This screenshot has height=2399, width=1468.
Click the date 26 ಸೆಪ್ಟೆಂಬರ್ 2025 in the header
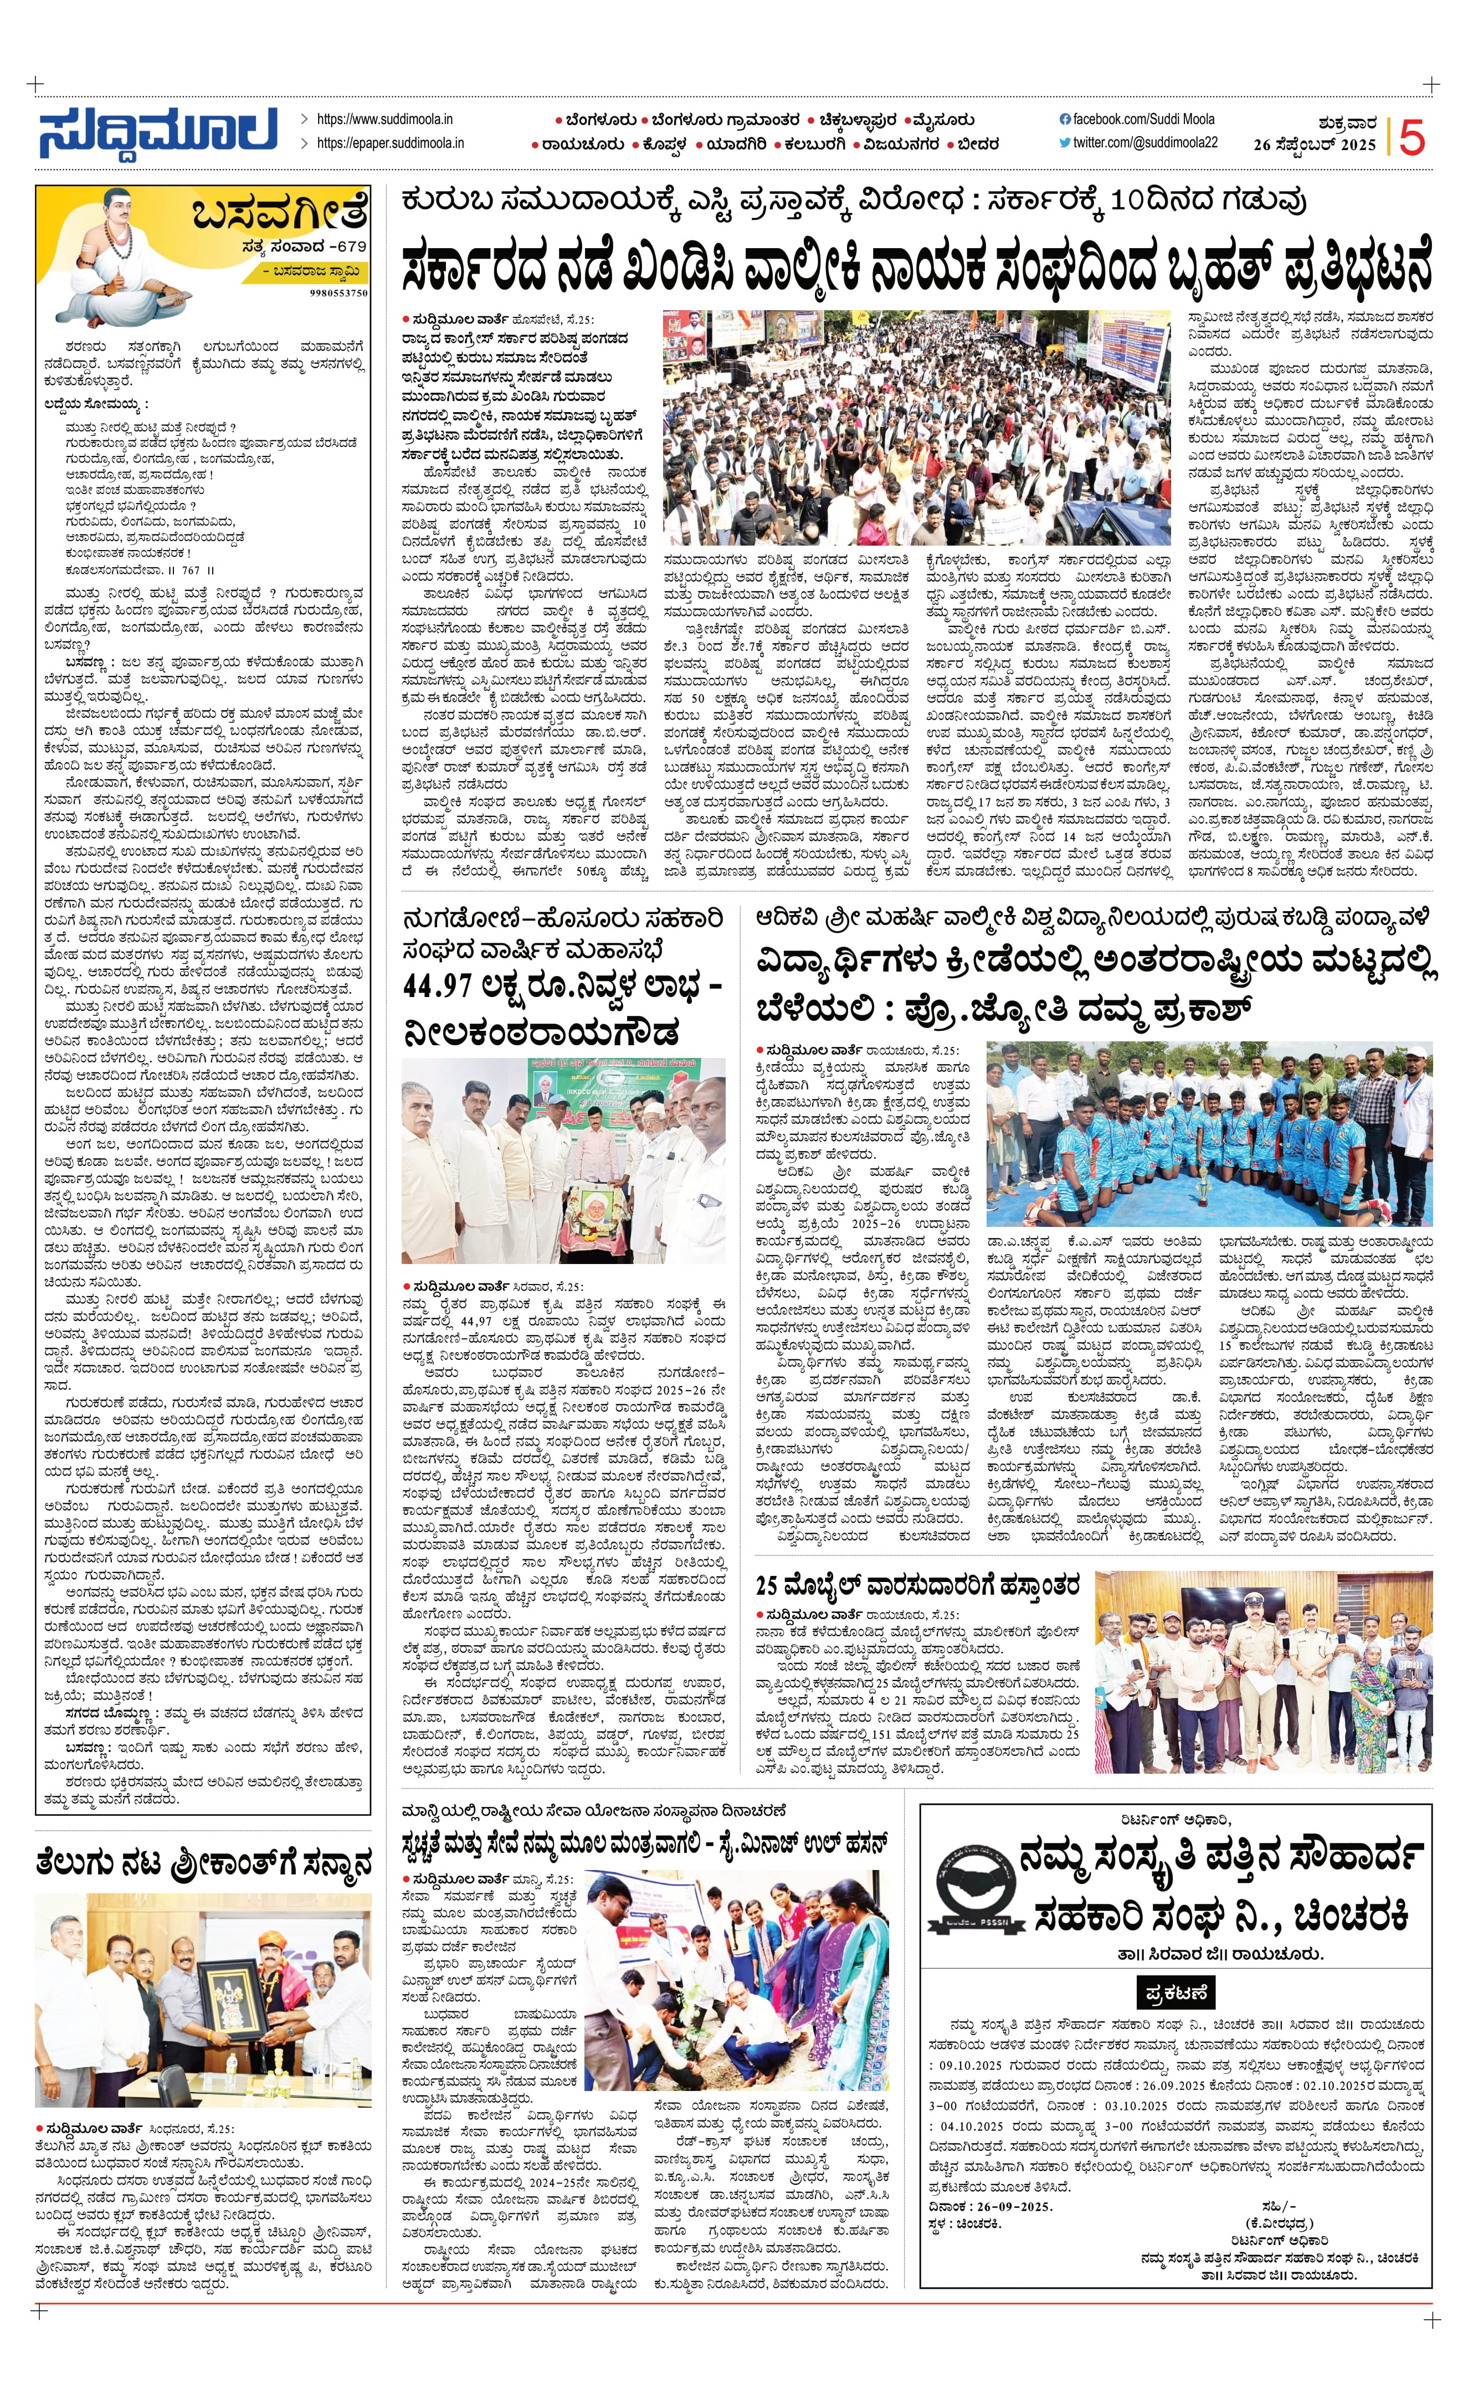coord(1314,145)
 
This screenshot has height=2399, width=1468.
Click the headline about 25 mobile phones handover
coord(917,1586)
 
